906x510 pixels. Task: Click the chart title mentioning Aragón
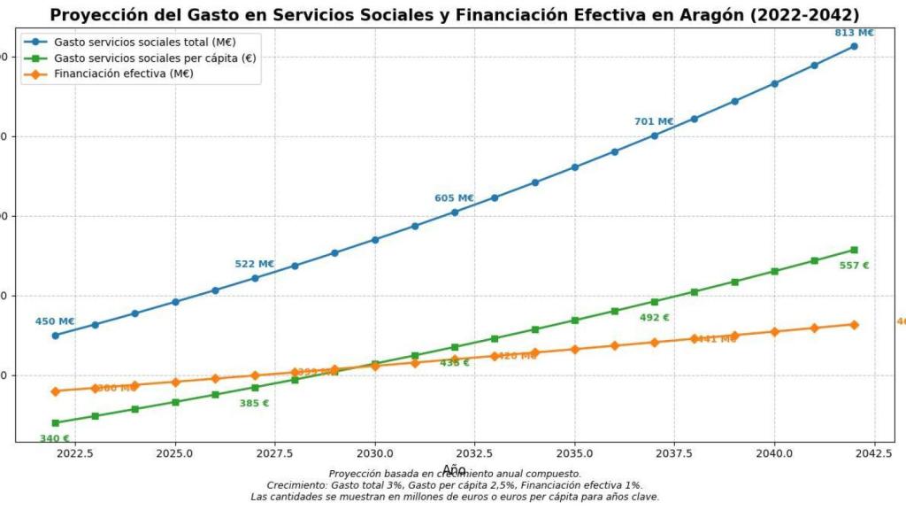coord(454,14)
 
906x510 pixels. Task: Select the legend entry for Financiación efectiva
coord(123,73)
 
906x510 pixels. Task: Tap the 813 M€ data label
coord(854,33)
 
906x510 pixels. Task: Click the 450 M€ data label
coord(55,321)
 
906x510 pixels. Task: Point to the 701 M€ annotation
coord(654,121)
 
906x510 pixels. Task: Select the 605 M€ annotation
coord(454,198)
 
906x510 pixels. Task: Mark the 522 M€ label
coord(254,264)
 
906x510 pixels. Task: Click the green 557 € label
coord(854,265)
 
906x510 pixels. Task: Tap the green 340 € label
coord(55,438)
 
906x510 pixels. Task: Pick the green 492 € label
coord(654,317)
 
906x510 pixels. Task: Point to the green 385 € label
coord(254,403)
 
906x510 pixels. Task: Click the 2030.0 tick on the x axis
coord(375,452)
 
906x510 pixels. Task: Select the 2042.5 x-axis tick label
coord(874,452)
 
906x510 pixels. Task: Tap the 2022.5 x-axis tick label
coord(75,452)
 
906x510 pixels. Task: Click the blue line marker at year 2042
coord(854,46)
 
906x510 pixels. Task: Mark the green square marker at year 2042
coord(854,250)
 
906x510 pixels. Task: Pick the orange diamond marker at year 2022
coord(55,391)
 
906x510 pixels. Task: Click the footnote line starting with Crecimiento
coord(454,485)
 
